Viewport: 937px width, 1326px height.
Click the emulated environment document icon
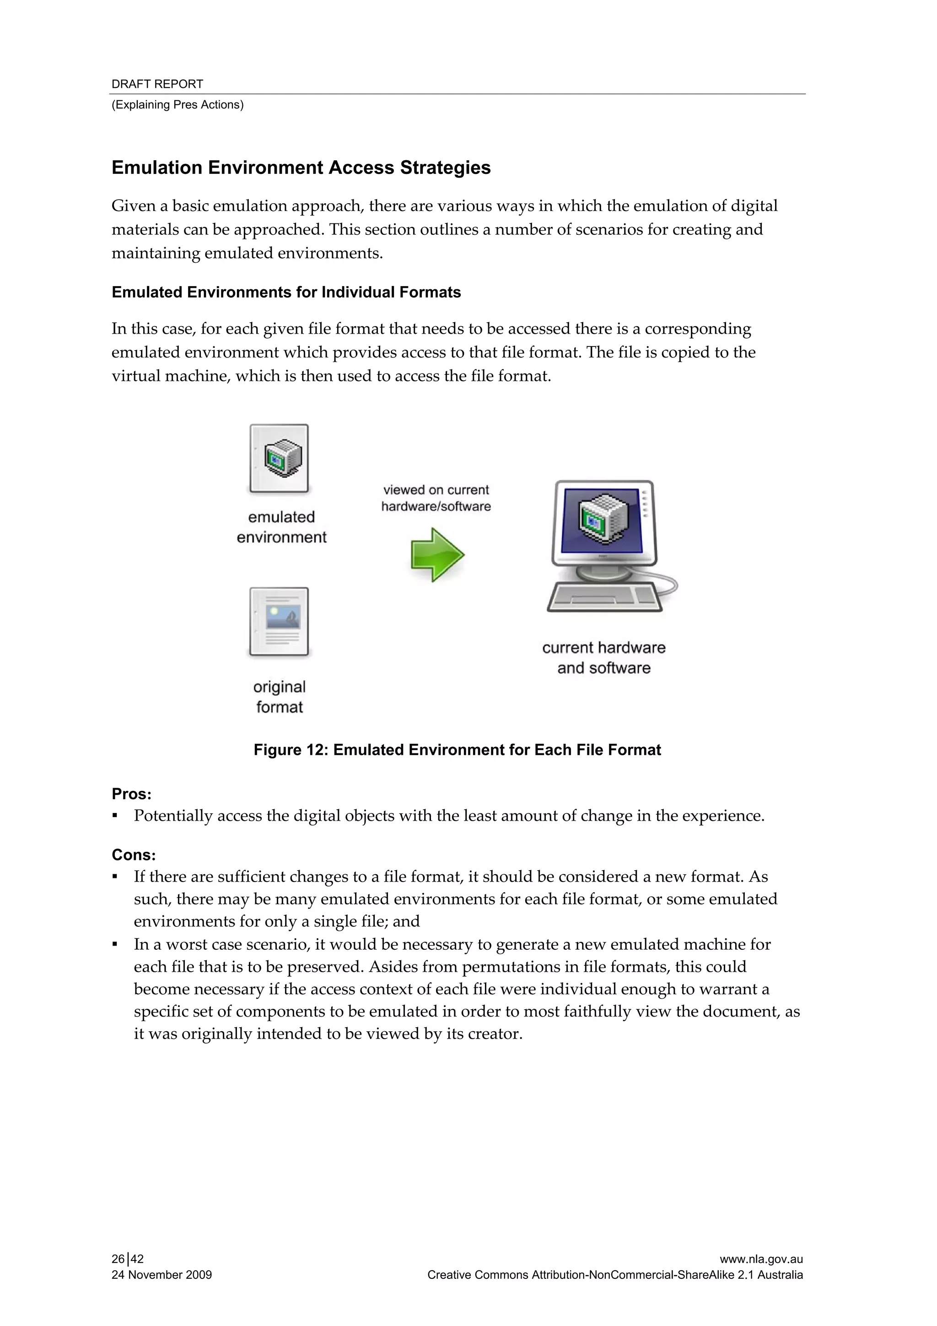(279, 459)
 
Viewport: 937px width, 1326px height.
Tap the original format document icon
(279, 622)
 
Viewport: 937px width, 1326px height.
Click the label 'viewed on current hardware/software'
(436, 498)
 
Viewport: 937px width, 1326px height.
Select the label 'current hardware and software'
(603, 657)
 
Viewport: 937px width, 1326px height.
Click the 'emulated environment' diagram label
(281, 527)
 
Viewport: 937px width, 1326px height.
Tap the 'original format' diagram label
(280, 697)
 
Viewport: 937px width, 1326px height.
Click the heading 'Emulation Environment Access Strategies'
(301, 168)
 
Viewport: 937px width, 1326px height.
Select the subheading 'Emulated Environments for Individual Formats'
(286, 292)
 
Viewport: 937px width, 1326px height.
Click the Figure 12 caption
(457, 750)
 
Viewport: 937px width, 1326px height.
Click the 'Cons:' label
(133, 855)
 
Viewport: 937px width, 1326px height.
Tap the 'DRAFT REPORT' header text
(157, 84)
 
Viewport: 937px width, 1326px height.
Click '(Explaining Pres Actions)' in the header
(177, 104)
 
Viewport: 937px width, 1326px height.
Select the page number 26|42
(128, 1259)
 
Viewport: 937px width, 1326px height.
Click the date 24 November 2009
(162, 1275)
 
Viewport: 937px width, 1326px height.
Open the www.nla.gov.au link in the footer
(761, 1259)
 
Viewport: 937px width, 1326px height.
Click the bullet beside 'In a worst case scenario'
(115, 945)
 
